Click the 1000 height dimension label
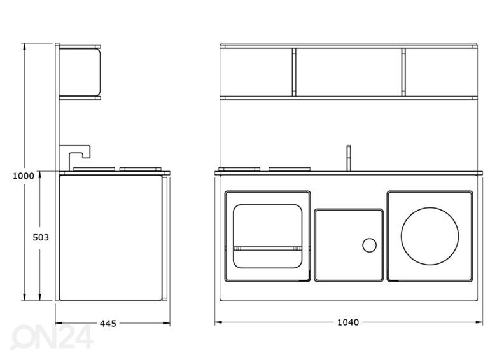coord(23,176)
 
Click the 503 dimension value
coord(41,237)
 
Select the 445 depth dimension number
coord(108,323)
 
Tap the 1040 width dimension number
coord(348,322)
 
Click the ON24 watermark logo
coord(52,337)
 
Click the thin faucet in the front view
coord(349,158)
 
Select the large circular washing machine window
coord(430,236)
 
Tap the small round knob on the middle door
coord(369,245)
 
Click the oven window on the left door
coord(267,236)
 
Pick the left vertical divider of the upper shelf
coord(294,73)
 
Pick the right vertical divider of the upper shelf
coord(403,73)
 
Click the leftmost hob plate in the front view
coord(239,169)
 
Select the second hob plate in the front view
coord(290,169)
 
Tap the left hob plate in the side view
coord(94,169)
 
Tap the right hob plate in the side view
coord(141,169)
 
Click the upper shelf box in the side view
coord(80,73)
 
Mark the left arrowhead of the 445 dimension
coord(59,323)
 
